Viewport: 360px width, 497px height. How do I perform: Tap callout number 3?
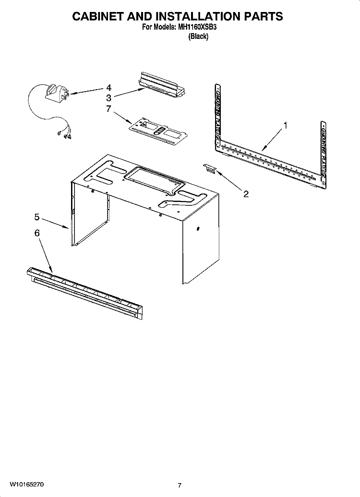coord(108,98)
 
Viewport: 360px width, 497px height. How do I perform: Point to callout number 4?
coord(108,88)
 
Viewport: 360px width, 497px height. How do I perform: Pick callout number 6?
coord(37,233)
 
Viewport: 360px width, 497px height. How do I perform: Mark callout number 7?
coord(108,108)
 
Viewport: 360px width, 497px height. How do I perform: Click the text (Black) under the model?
coord(198,36)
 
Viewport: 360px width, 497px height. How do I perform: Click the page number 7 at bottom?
coord(180,485)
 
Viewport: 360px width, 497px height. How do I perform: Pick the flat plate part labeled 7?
coord(156,129)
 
